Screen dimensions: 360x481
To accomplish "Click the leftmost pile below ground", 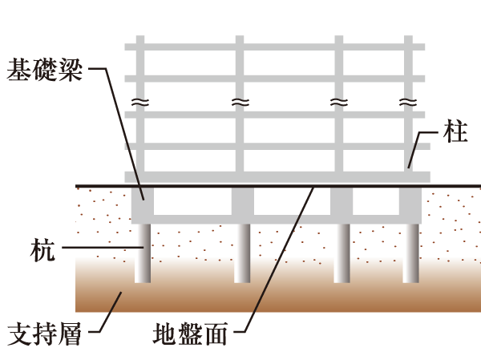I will click(143, 253).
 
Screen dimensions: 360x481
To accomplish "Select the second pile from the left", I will click(243, 253).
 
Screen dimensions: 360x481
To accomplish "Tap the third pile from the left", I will click(342, 253).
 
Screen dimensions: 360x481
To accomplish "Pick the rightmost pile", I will click(410, 253).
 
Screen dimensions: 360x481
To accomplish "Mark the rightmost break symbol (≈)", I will click(409, 103).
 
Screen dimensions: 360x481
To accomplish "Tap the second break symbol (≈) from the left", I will click(239, 103).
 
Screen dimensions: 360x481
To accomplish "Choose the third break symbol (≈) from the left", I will click(339, 103).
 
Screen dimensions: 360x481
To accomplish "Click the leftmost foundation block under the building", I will click(143, 205).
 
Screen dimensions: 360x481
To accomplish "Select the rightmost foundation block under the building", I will click(410, 205).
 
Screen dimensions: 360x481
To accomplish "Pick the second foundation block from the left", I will click(243, 205).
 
